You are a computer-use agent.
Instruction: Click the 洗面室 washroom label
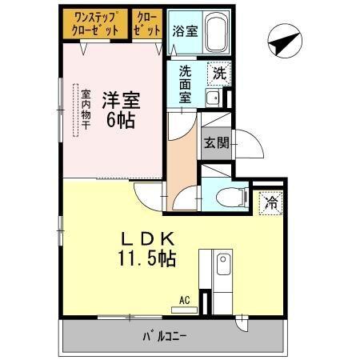[185, 82]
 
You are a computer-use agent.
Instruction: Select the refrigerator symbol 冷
[272, 203]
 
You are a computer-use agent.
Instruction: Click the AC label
[184, 301]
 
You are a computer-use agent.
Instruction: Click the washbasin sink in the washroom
[213, 98]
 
